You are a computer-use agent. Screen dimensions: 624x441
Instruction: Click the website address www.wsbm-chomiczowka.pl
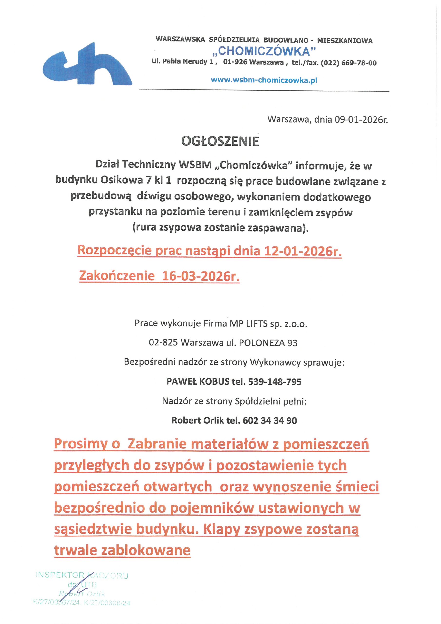[264, 80]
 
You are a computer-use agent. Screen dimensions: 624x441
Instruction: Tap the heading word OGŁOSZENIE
[220, 141]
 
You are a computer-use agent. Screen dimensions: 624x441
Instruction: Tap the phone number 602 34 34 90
[270, 420]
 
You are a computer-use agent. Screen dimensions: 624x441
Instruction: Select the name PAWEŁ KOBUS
[198, 382]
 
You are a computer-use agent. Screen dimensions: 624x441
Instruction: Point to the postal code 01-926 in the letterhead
[235, 62]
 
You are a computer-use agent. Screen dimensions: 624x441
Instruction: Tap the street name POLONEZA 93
[268, 343]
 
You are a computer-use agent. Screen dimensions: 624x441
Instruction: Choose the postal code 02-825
[163, 343]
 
